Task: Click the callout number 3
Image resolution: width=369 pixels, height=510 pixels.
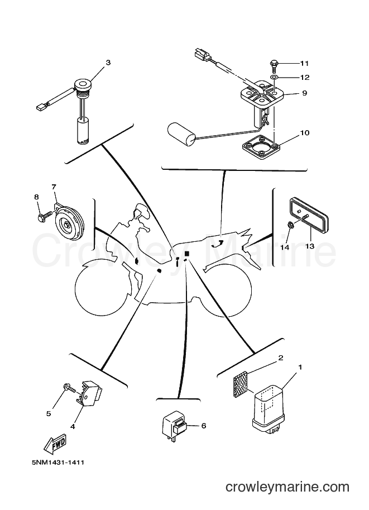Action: point(108,63)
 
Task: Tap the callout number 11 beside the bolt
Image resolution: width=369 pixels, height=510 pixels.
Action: point(304,63)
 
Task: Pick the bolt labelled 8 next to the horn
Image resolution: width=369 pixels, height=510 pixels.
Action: point(45,216)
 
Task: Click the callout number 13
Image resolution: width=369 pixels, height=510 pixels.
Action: point(310,246)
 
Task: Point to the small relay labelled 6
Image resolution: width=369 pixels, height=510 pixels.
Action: point(175,426)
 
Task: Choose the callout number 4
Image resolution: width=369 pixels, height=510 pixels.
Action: point(73,426)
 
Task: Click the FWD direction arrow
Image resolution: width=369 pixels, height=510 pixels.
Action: point(55,444)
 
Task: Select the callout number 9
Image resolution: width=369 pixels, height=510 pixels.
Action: point(304,93)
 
